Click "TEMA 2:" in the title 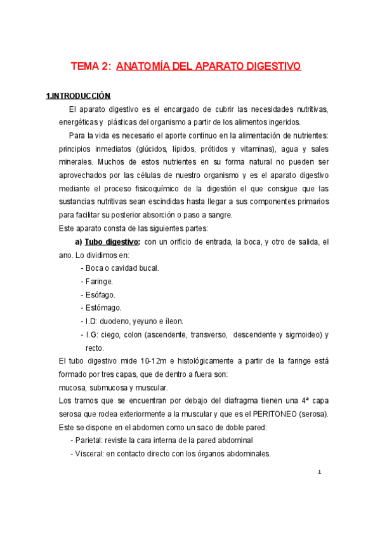pos(91,66)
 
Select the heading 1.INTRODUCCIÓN pos(79,96)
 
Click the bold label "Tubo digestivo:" pos(113,242)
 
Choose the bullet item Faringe pos(99,281)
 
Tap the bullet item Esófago pos(100,294)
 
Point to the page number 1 pos(320,472)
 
